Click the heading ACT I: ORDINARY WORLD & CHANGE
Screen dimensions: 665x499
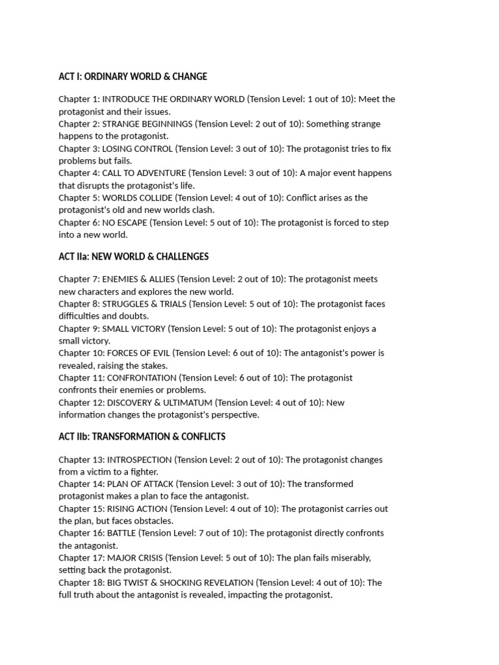(x=133, y=77)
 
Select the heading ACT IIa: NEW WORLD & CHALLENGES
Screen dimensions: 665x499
(x=133, y=257)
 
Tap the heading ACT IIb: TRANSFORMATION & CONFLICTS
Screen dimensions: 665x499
(x=142, y=436)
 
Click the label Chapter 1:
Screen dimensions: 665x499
(x=79, y=99)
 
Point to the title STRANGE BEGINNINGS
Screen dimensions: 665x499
(x=147, y=124)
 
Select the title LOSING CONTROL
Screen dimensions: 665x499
(x=138, y=149)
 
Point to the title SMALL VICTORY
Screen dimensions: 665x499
(x=134, y=329)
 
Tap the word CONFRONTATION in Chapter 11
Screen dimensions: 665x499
(x=142, y=378)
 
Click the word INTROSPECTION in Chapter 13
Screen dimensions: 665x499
(x=139, y=460)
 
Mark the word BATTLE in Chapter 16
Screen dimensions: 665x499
(x=122, y=533)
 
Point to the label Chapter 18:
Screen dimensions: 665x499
(x=81, y=583)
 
